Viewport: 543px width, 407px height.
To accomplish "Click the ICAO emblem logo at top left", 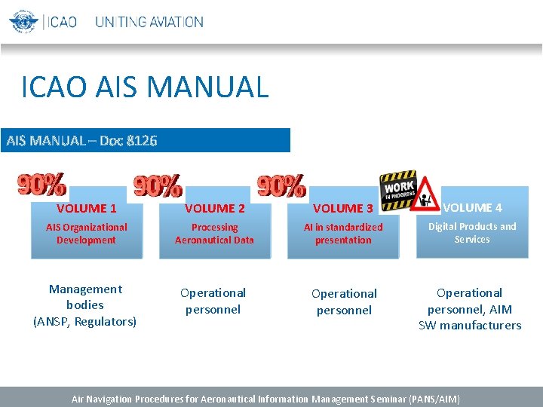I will (23, 21).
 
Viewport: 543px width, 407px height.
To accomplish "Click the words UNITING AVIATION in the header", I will (149, 22).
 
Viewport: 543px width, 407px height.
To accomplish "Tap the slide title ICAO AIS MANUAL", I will (145, 87).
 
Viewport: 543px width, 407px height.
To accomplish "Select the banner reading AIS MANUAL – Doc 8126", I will (81, 140).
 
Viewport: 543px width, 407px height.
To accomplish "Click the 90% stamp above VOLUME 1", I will (41, 185).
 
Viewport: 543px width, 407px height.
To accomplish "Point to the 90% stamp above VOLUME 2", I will (158, 186).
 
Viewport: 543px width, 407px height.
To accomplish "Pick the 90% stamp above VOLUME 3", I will (281, 185).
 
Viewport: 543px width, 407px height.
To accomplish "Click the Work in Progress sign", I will (397, 186).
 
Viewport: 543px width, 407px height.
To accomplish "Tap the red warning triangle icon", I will (426, 196).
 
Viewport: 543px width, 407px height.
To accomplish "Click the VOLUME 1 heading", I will (86, 209).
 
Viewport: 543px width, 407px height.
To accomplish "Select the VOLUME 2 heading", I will (215, 209).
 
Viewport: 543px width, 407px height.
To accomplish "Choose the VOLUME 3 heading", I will (343, 209).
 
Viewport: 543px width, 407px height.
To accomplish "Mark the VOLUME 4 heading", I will (472, 207).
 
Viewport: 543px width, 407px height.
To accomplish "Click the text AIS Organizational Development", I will (86, 234).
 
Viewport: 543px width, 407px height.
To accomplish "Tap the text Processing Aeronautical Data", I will (214, 234).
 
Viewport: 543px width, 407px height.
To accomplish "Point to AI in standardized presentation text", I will (343, 234).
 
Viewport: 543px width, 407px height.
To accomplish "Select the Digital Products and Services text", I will (472, 233).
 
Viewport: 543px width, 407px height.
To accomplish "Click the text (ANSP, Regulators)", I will (85, 322).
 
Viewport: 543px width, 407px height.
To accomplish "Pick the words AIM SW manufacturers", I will (471, 317).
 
